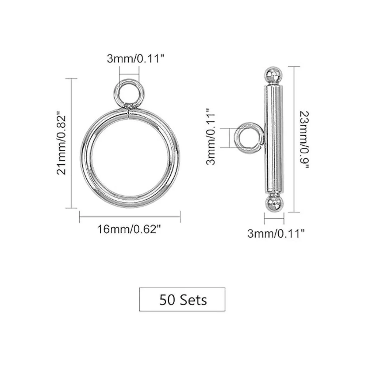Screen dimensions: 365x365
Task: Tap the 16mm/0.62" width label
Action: click(x=129, y=229)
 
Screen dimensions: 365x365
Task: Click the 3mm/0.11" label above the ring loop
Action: click(x=135, y=59)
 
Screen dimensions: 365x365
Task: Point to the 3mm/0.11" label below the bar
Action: click(x=276, y=234)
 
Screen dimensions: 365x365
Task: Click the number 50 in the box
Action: click(x=166, y=300)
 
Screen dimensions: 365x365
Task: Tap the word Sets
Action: click(x=193, y=300)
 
